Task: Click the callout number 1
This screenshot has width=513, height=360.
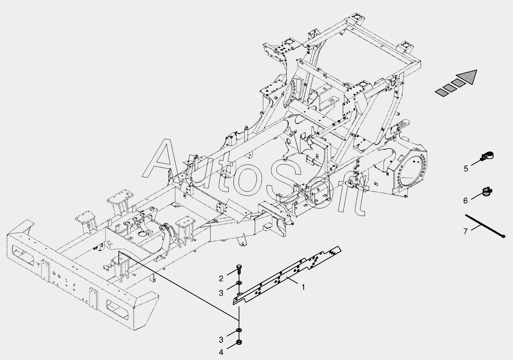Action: pyautogui.click(x=303, y=287)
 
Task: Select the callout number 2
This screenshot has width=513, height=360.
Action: pyautogui.click(x=221, y=278)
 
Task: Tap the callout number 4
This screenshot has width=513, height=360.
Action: pyautogui.click(x=221, y=352)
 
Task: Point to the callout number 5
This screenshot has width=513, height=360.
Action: pyautogui.click(x=466, y=168)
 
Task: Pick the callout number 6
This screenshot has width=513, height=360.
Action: pyautogui.click(x=466, y=201)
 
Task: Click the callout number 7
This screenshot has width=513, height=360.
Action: pyautogui.click(x=465, y=231)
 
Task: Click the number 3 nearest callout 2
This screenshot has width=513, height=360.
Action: pyautogui.click(x=221, y=293)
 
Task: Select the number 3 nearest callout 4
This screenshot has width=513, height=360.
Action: pyautogui.click(x=221, y=340)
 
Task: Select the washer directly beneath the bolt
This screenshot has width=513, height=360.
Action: pyautogui.click(x=239, y=283)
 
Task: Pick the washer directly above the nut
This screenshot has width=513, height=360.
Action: pyautogui.click(x=239, y=330)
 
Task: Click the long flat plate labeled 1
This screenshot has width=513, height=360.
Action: pyautogui.click(x=288, y=275)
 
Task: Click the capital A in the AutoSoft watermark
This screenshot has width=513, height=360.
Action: pyautogui.click(x=161, y=161)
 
